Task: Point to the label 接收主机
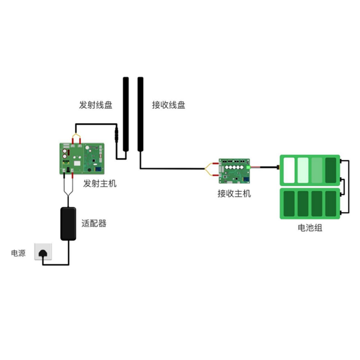[x=234, y=194]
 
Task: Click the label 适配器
[x=94, y=223]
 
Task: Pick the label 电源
[x=18, y=253]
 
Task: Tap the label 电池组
[x=310, y=228]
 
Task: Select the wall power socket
[x=43, y=251]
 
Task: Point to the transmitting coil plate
[x=125, y=114]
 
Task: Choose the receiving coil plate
[x=140, y=114]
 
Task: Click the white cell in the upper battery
[x=289, y=170]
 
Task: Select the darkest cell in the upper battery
[x=331, y=170]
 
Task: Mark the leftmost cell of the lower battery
[x=289, y=204]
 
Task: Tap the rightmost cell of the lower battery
[x=331, y=204]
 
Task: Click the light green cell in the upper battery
[x=303, y=170]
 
